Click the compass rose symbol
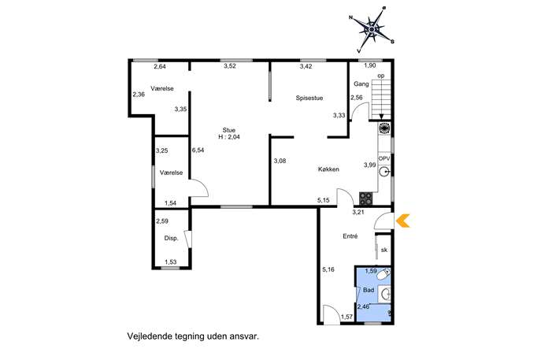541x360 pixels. pyautogui.click(x=372, y=30)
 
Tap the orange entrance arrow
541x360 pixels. pyautogui.click(x=402, y=221)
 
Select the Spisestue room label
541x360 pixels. pyautogui.click(x=309, y=98)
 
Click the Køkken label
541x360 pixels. pyautogui.click(x=328, y=169)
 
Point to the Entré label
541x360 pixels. pyautogui.click(x=350, y=236)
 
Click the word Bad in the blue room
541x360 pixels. pyautogui.click(x=369, y=290)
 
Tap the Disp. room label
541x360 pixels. pyautogui.click(x=171, y=238)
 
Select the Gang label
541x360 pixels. pyautogui.click(x=361, y=84)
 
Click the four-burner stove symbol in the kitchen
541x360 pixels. pyautogui.click(x=365, y=199)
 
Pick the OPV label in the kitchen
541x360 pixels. pyautogui.click(x=384, y=158)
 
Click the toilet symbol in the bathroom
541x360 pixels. pyautogui.click(x=384, y=275)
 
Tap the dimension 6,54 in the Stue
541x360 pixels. pyautogui.click(x=198, y=150)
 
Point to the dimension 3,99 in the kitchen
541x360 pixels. pyautogui.click(x=369, y=165)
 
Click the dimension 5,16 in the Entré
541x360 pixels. pyautogui.click(x=328, y=269)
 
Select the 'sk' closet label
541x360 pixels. pyautogui.click(x=384, y=250)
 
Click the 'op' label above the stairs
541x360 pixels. pyautogui.click(x=381, y=76)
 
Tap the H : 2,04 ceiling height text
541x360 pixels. pyautogui.click(x=229, y=137)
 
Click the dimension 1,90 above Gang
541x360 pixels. pyautogui.click(x=370, y=65)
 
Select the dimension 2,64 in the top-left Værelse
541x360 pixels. pyautogui.click(x=160, y=67)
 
